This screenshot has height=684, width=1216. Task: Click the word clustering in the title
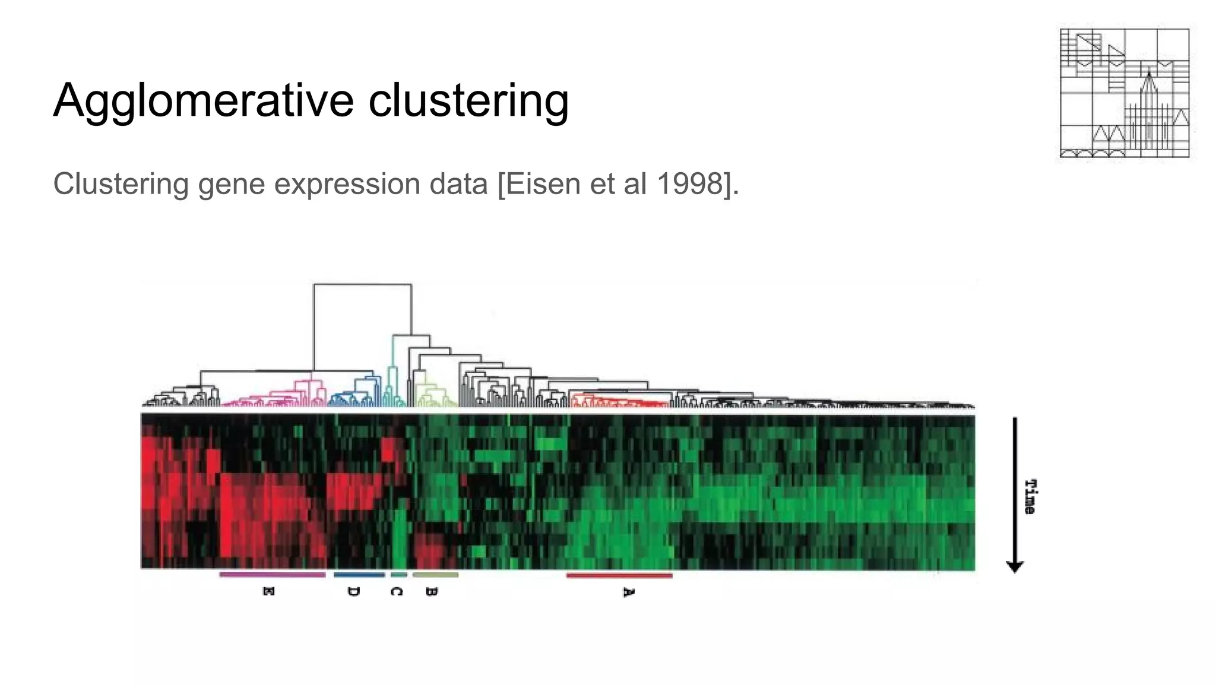468,101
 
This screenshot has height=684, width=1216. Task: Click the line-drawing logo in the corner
1124,93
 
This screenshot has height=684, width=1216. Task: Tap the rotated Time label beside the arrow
1031,496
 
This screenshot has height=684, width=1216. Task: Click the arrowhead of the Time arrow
1015,566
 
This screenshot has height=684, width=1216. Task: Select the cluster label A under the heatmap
628,592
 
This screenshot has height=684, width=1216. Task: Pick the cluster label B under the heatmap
432,591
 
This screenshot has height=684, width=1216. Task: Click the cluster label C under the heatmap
396,591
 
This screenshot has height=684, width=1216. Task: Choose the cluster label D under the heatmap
353,591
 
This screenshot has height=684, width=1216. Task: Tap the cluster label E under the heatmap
268,591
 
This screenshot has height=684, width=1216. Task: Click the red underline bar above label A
619,575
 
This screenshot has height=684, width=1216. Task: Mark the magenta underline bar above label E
273,575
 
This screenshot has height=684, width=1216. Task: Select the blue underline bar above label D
359,575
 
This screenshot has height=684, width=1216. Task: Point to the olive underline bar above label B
435,575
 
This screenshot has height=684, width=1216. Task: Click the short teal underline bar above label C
399,575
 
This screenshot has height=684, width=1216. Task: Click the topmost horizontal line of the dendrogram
362,285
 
